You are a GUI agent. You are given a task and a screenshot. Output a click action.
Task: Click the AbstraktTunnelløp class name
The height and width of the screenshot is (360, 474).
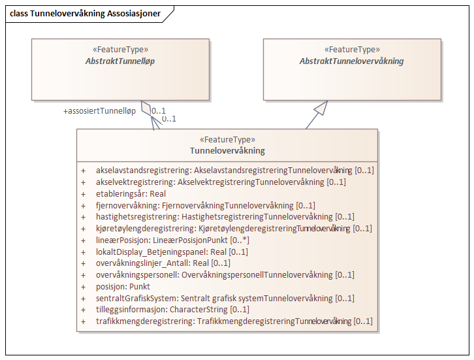[x=119, y=61]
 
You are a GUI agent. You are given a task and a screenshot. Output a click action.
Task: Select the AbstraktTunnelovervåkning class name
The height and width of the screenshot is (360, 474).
[x=351, y=61]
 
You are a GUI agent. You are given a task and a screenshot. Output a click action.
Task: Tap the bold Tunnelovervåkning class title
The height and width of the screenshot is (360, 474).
[x=227, y=151]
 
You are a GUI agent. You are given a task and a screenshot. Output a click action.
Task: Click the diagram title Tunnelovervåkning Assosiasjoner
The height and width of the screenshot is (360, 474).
[x=86, y=13]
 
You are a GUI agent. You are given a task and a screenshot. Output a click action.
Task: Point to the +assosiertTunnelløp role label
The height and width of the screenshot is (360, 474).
[x=99, y=111]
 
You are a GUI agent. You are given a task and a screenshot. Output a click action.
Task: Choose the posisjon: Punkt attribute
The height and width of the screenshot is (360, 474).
[x=123, y=287]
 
